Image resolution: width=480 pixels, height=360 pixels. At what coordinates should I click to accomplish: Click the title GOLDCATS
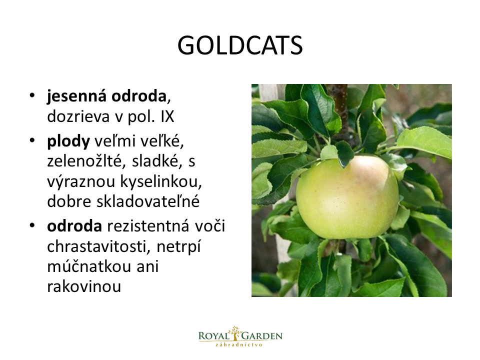[240, 45]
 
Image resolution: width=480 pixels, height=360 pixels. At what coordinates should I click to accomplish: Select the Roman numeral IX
[167, 116]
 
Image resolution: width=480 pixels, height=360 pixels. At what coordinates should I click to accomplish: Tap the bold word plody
[68, 141]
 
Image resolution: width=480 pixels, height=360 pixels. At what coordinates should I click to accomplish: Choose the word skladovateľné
[148, 201]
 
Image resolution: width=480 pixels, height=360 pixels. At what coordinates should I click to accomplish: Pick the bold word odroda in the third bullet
[74, 226]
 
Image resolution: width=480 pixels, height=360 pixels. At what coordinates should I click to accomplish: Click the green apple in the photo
[347, 197]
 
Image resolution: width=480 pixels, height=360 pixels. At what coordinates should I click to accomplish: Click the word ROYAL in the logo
[213, 336]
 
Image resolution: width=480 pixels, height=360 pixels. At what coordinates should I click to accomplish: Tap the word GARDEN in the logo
[262, 336]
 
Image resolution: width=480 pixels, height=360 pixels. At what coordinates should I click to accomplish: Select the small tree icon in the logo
[235, 333]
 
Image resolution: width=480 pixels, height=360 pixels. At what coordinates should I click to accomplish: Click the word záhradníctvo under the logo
[239, 344]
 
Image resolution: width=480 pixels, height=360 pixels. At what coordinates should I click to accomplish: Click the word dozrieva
[78, 116]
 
